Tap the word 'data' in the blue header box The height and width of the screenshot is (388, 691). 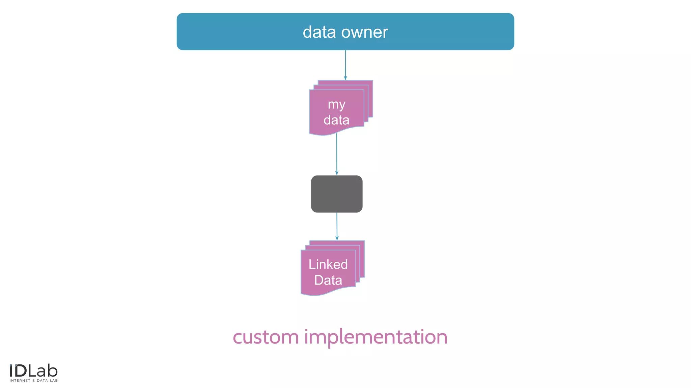click(x=319, y=32)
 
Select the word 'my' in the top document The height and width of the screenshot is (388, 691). click(x=336, y=105)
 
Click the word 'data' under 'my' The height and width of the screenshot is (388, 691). click(x=336, y=120)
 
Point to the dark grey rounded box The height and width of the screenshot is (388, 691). click(x=337, y=194)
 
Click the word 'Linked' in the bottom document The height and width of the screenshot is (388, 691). click(x=328, y=264)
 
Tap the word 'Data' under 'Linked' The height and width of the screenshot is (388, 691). click(x=328, y=280)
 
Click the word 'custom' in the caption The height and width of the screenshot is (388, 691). click(x=266, y=337)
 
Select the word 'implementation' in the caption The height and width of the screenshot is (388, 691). click(x=376, y=337)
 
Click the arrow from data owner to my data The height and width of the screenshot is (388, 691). click(x=345, y=64)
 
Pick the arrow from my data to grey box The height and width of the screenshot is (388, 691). click(x=336, y=153)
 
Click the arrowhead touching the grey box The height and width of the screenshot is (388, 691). click(x=337, y=173)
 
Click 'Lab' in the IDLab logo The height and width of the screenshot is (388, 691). click(x=43, y=371)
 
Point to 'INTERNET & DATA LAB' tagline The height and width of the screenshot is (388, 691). click(x=34, y=381)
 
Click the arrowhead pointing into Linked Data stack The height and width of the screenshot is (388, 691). click(x=337, y=238)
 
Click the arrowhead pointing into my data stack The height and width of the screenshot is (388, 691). click(x=345, y=78)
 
